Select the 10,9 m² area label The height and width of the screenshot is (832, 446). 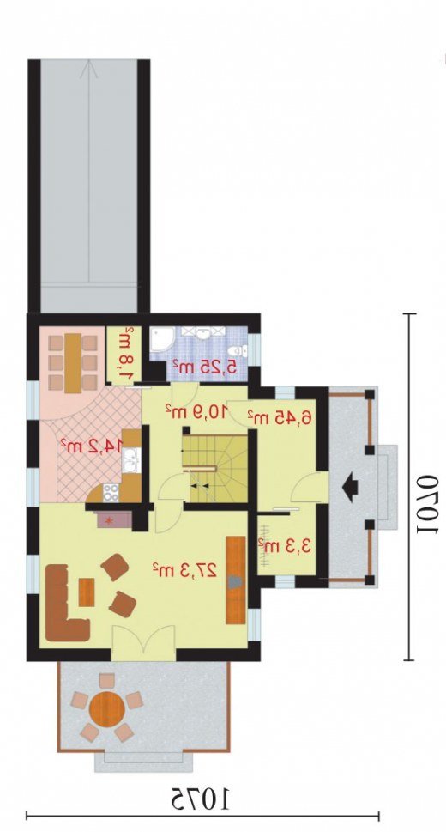coord(196,410)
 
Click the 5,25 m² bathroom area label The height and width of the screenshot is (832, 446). coord(202,366)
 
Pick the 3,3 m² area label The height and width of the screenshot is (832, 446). coord(284,545)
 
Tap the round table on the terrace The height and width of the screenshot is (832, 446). coord(107,707)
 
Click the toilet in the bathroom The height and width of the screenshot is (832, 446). coord(238,350)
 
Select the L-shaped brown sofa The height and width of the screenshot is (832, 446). coord(66,603)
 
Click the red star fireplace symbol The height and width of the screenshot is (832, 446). coord(111,520)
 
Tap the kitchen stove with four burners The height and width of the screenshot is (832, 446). coord(111,492)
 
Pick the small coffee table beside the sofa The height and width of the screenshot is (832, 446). coord(87,592)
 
